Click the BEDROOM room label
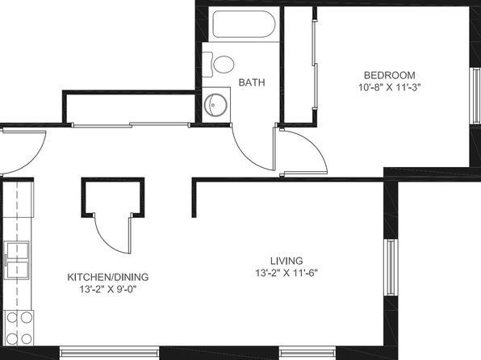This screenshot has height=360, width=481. click(x=389, y=75)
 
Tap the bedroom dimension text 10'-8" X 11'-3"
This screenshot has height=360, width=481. click(x=389, y=87)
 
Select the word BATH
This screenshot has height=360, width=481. click(x=252, y=82)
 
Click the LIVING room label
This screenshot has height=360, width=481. click(x=287, y=261)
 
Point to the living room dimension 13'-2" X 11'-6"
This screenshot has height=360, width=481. click(x=287, y=273)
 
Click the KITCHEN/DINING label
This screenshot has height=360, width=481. click(x=108, y=277)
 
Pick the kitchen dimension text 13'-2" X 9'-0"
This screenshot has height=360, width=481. click(x=108, y=290)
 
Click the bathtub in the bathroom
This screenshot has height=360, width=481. click(x=244, y=24)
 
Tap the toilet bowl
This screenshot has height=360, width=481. click(x=224, y=65)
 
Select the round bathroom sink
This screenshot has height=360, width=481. click(x=215, y=105)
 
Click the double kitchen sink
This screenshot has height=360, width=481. click(x=18, y=260)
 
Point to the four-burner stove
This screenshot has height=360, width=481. click(x=19, y=328)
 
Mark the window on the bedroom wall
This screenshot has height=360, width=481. click(x=476, y=95)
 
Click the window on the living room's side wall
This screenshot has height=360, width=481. click(x=391, y=267)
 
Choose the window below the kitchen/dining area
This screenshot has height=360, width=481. click(x=109, y=353)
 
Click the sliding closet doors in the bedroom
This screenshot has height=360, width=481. click(x=315, y=64)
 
